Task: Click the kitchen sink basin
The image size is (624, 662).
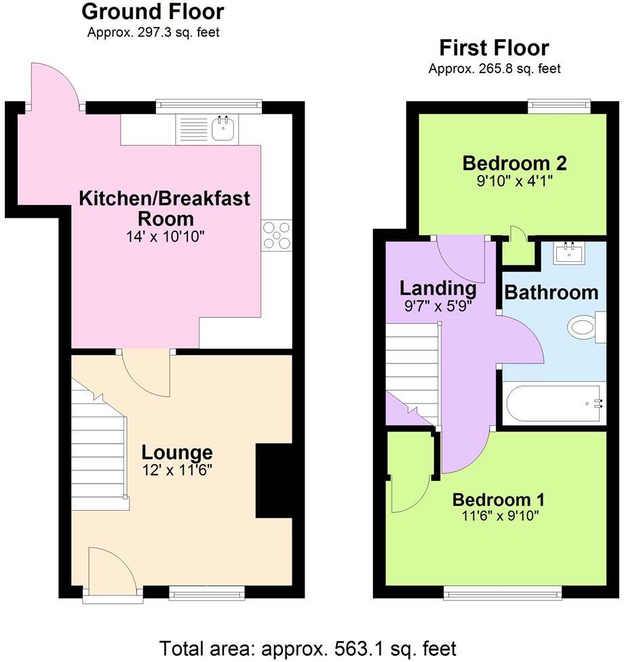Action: [223, 128]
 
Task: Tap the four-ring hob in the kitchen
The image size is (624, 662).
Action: [277, 235]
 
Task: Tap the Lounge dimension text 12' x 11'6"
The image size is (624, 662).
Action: [176, 470]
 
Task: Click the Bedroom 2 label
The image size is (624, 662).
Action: [514, 163]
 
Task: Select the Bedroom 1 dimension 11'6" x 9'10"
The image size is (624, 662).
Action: [499, 515]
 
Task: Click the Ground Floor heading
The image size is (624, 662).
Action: [153, 12]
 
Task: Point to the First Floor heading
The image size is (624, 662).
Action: [494, 48]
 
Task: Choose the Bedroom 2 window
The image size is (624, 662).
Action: [559, 105]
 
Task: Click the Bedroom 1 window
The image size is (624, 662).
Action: [503, 593]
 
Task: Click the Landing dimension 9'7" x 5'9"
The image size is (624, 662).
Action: [438, 306]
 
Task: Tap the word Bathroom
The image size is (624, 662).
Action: [551, 292]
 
